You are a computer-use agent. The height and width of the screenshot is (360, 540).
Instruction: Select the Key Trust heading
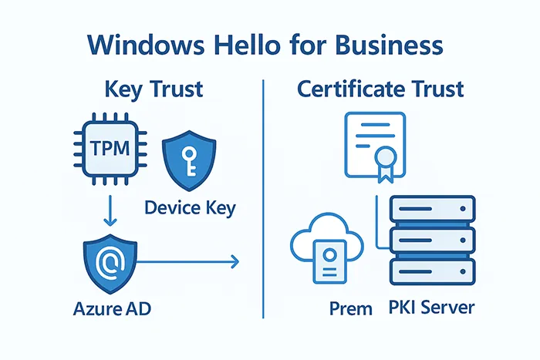154,89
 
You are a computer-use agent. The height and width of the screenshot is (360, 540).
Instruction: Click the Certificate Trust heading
380,89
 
